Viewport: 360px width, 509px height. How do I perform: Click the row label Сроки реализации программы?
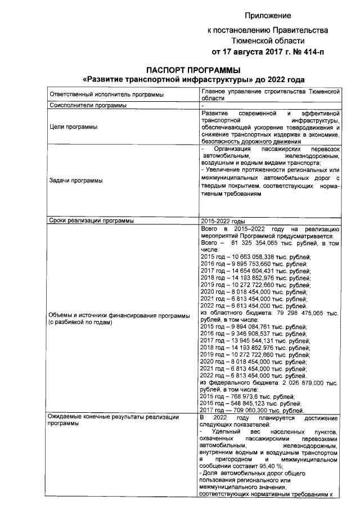[91, 220]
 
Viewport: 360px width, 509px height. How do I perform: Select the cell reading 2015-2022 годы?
[223, 220]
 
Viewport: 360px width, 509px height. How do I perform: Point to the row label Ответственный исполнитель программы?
[106, 94]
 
